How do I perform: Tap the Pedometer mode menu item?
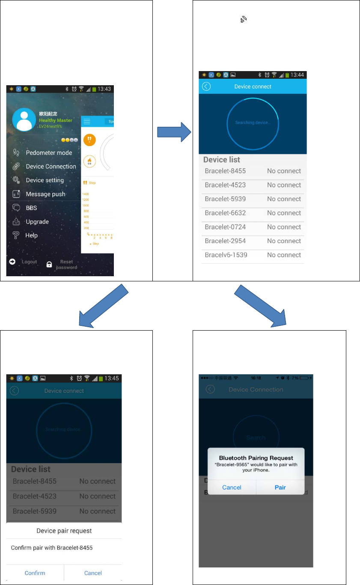point(49,153)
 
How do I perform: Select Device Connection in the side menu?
point(51,167)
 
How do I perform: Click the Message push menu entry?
point(45,194)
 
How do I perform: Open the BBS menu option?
point(31,208)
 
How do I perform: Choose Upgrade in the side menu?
point(37,222)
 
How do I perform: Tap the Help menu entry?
point(32,236)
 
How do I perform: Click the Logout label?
point(29,262)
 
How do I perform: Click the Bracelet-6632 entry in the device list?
point(225,213)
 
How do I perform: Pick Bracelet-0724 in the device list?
point(225,227)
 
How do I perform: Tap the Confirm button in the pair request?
point(35,573)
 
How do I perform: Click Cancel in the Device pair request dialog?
point(93,573)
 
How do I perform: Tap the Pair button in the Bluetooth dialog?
point(280,487)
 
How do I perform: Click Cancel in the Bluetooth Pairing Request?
point(232,487)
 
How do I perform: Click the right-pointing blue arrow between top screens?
point(173,133)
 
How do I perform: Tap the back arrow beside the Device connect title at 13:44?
point(206,87)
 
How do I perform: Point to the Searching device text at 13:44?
point(253,123)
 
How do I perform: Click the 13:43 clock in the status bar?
point(104,89)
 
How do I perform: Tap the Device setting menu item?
point(45,180)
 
